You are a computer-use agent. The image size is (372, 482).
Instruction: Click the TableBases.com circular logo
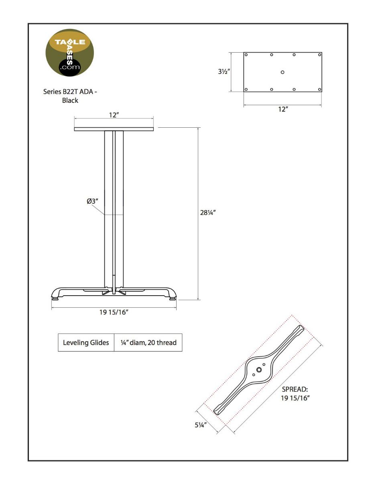click(70, 53)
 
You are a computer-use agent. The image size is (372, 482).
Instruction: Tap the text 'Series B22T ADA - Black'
click(70, 96)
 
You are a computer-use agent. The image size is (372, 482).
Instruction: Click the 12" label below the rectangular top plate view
click(283, 109)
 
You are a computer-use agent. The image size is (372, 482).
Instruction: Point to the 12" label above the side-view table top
click(114, 115)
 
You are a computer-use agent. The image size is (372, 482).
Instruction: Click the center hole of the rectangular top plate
click(283, 72)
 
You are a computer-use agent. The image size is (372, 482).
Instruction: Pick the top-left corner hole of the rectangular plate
click(246, 55)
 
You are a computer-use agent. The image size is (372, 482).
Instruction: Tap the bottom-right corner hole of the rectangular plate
click(319, 90)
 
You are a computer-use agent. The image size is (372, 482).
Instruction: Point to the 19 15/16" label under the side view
click(114, 313)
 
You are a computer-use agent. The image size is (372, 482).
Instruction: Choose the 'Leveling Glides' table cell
click(86, 343)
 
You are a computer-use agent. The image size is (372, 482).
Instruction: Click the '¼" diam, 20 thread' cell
click(148, 343)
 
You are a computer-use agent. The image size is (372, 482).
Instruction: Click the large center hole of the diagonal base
click(259, 370)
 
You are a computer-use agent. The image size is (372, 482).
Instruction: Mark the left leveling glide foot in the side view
click(55, 298)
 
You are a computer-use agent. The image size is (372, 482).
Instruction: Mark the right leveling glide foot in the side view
click(173, 298)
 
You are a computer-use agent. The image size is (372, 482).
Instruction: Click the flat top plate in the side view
click(114, 129)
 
